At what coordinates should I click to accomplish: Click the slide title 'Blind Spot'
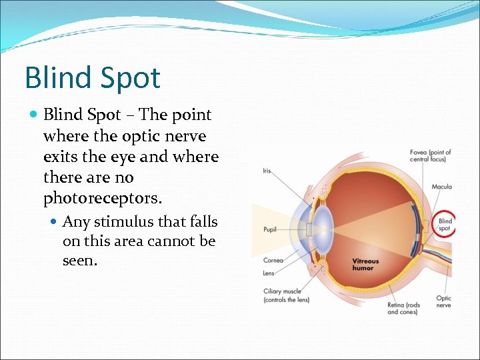click(93, 77)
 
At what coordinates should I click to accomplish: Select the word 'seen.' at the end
click(80, 261)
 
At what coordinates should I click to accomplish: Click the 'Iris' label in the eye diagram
click(266, 171)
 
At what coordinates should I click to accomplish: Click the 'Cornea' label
click(272, 260)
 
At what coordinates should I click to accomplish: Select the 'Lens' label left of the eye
click(268, 273)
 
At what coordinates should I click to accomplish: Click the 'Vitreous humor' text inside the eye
click(365, 264)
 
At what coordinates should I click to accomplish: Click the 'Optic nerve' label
click(443, 301)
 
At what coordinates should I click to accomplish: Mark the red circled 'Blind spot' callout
click(445, 224)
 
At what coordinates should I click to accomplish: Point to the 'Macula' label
click(441, 187)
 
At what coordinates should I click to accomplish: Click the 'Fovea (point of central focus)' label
click(430, 156)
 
